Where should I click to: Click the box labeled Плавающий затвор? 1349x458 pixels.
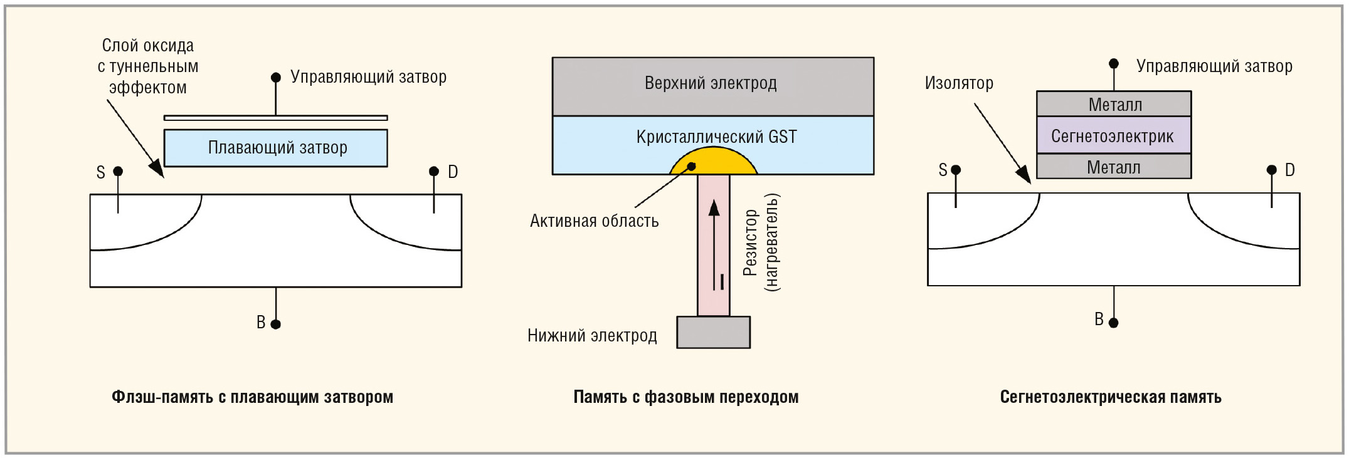click(x=275, y=148)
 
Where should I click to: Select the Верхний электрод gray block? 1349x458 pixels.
click(x=712, y=86)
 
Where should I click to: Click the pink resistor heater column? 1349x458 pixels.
click(x=713, y=244)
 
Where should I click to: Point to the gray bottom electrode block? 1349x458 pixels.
click(x=713, y=332)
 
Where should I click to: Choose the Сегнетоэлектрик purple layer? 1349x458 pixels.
click(x=1113, y=135)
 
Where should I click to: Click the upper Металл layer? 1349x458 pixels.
click(x=1113, y=104)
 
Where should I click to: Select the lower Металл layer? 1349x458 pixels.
click(x=1113, y=167)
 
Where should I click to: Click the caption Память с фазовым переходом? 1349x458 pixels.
click(x=685, y=397)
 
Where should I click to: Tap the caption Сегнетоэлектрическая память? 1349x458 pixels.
click(x=1110, y=397)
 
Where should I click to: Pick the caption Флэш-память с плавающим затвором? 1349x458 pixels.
click(x=252, y=397)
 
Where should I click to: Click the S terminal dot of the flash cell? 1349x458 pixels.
click(x=118, y=171)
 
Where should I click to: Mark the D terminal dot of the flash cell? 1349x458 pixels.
click(x=434, y=171)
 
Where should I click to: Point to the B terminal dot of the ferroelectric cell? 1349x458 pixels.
click(x=1113, y=323)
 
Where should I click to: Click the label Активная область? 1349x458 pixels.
click(x=594, y=221)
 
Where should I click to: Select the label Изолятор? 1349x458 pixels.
click(x=959, y=83)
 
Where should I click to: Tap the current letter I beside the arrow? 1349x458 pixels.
click(x=722, y=282)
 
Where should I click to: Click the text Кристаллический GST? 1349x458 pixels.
click(x=716, y=137)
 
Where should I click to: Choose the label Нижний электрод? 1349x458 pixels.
click(x=592, y=335)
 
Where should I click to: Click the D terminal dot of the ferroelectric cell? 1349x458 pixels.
click(x=1271, y=170)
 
